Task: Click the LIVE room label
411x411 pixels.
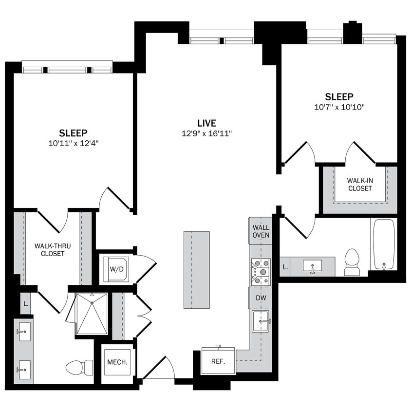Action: pyautogui.click(x=206, y=123)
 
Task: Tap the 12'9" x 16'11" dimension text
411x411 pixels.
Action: pyautogui.click(x=206, y=133)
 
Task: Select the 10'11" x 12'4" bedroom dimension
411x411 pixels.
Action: pyautogui.click(x=73, y=143)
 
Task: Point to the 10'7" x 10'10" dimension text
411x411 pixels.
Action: pyautogui.click(x=339, y=107)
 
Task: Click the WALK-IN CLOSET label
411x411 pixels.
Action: pyautogui.click(x=359, y=184)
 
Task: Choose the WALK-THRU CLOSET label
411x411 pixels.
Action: pyautogui.click(x=53, y=249)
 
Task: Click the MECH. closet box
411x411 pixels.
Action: pyautogui.click(x=117, y=363)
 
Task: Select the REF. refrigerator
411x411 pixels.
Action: pyautogui.click(x=218, y=361)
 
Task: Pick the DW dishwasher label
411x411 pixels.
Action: pyautogui.click(x=261, y=298)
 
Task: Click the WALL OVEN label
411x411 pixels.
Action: pyautogui.click(x=261, y=231)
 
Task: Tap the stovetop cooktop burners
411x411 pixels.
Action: pyautogui.click(x=261, y=272)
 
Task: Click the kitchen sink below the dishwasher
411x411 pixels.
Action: pyautogui.click(x=261, y=321)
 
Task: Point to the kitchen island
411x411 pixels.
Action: pyautogui.click(x=197, y=269)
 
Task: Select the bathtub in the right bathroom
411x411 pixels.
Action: pyautogui.click(x=384, y=244)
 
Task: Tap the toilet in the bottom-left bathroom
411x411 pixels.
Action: pyautogui.click(x=79, y=367)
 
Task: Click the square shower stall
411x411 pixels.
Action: pyautogui.click(x=92, y=314)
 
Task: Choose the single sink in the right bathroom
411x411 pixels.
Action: pyautogui.click(x=312, y=266)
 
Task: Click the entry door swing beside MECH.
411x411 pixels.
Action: pyautogui.click(x=160, y=369)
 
